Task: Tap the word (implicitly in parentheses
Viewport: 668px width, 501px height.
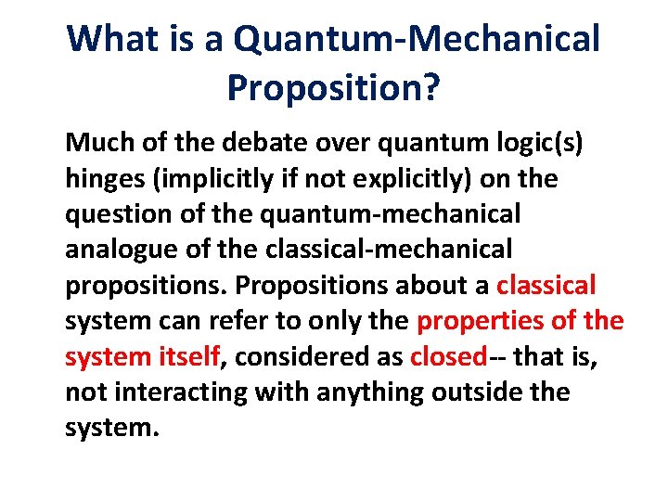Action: (224, 179)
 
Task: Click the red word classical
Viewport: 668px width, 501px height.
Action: (546, 285)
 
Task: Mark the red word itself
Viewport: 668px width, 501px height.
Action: (190, 356)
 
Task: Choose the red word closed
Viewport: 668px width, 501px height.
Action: (447, 356)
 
